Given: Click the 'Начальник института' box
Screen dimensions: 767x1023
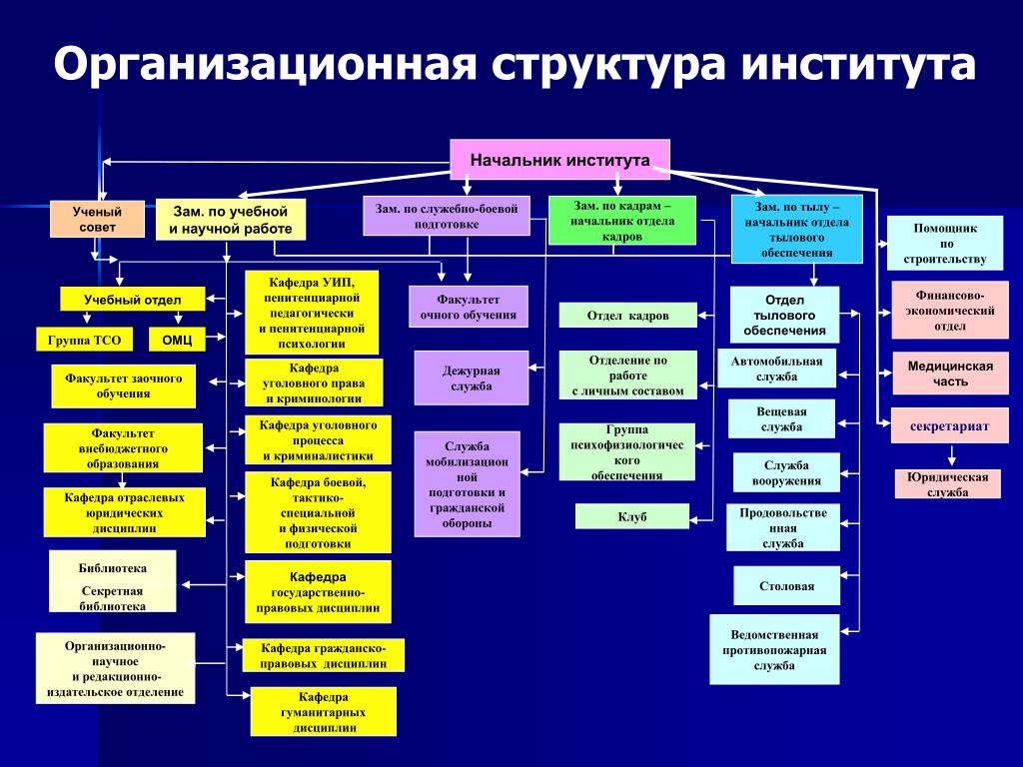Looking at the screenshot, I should (x=559, y=160).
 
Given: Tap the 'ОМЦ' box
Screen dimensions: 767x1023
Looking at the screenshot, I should (x=177, y=340).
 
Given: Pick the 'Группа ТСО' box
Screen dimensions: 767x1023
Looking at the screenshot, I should (x=84, y=340).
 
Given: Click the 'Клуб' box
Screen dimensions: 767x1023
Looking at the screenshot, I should (x=632, y=516).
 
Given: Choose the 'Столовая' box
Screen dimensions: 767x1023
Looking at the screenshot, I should (x=785, y=585).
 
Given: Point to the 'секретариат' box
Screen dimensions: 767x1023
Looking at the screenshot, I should (x=949, y=425).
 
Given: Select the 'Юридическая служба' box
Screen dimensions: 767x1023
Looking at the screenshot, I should (x=947, y=484).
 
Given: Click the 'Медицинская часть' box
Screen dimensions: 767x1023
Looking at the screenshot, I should (x=950, y=374).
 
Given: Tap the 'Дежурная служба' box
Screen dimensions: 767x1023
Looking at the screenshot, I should (x=471, y=378).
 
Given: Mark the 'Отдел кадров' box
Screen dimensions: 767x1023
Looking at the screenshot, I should (x=627, y=316).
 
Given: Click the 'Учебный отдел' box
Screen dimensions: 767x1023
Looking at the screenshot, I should (x=132, y=299).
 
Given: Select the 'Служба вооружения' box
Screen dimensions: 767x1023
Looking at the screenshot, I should (x=786, y=472).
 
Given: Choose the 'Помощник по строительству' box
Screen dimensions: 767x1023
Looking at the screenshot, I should (x=945, y=244).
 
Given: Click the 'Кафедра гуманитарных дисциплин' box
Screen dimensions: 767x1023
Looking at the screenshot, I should (x=323, y=712).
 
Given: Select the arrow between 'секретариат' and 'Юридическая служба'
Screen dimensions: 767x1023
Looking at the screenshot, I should (x=949, y=456).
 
